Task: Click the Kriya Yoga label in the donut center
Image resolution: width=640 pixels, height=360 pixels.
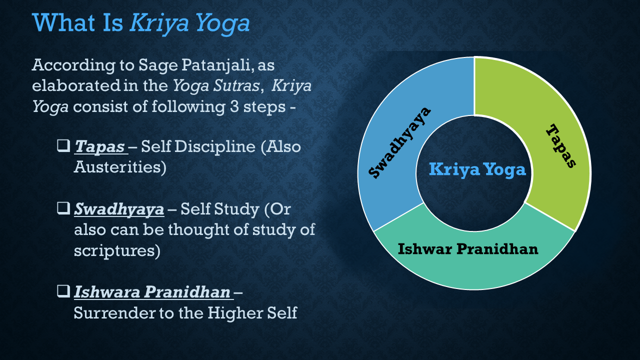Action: click(477, 169)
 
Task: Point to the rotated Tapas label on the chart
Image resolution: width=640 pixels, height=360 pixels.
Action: click(561, 145)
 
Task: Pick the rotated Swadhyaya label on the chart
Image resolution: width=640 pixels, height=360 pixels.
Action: click(399, 142)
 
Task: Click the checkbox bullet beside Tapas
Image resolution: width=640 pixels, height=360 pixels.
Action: click(63, 145)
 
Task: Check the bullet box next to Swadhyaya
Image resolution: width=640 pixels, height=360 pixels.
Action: click(63, 208)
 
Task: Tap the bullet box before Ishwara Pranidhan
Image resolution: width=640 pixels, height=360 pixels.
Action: click(63, 291)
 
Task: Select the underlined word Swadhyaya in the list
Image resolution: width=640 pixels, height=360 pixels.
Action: click(119, 209)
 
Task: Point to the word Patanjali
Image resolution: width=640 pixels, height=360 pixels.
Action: click(217, 65)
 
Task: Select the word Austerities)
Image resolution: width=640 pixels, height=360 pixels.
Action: click(120, 167)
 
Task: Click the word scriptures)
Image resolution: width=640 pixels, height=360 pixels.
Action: click(117, 251)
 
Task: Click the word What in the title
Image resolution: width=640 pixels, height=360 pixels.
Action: click(63, 23)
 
